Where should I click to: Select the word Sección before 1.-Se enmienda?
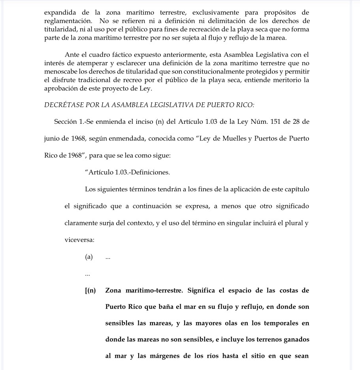[x=66, y=121]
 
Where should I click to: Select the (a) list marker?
[x=89, y=257]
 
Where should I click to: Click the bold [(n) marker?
[x=90, y=291]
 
